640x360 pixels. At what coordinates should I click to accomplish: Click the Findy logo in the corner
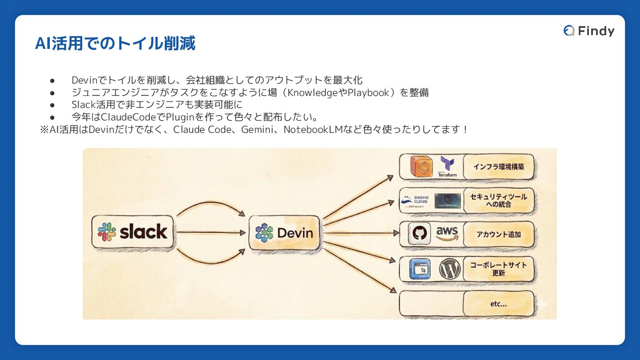589,31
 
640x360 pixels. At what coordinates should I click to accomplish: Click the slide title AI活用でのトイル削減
115,44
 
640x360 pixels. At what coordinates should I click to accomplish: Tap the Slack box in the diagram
132,232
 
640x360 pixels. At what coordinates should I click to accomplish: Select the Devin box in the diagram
284,232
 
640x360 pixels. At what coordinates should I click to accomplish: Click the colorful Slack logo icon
107,232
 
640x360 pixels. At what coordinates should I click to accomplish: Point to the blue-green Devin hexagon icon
264,232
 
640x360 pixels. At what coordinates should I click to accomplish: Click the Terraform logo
447,166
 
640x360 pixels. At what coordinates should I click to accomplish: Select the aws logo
447,233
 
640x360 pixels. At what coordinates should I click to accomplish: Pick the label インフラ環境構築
498,167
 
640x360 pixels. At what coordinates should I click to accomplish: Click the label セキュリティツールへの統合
498,200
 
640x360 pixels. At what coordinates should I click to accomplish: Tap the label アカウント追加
498,234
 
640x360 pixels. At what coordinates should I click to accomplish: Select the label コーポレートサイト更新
498,269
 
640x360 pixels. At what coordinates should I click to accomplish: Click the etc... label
498,304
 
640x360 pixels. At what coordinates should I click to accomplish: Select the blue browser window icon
419,269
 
